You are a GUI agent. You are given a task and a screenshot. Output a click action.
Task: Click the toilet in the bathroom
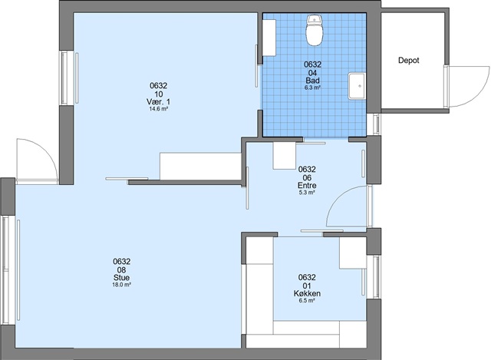[x=314, y=31]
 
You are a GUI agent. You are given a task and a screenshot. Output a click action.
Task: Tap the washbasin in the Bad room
[x=357, y=86]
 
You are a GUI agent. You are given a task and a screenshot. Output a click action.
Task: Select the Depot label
[x=409, y=60]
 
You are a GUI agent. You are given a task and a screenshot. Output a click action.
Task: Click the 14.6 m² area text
[x=159, y=109]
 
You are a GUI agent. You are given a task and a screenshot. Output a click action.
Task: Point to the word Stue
[x=121, y=278]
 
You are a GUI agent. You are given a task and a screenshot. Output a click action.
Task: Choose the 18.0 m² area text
[x=121, y=285]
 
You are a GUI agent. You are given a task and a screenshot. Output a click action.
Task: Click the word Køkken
[x=307, y=293]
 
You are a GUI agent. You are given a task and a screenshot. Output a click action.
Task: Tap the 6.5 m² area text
[x=307, y=301]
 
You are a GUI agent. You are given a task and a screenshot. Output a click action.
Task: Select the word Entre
[x=307, y=186]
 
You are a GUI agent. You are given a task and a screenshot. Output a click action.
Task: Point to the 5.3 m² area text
[x=307, y=193]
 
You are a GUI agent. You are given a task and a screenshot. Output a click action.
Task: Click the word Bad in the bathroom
[x=312, y=81]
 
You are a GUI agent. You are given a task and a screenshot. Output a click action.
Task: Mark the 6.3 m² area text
[x=312, y=88]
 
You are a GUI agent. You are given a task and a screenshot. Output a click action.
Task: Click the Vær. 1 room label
[x=159, y=102]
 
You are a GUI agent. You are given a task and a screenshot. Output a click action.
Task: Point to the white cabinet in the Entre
[x=285, y=156]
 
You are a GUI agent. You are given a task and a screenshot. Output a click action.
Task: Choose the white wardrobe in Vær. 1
[x=200, y=166]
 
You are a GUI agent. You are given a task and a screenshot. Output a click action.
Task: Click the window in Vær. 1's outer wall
[x=64, y=78]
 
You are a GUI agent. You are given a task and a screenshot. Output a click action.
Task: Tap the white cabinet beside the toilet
[x=269, y=38]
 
